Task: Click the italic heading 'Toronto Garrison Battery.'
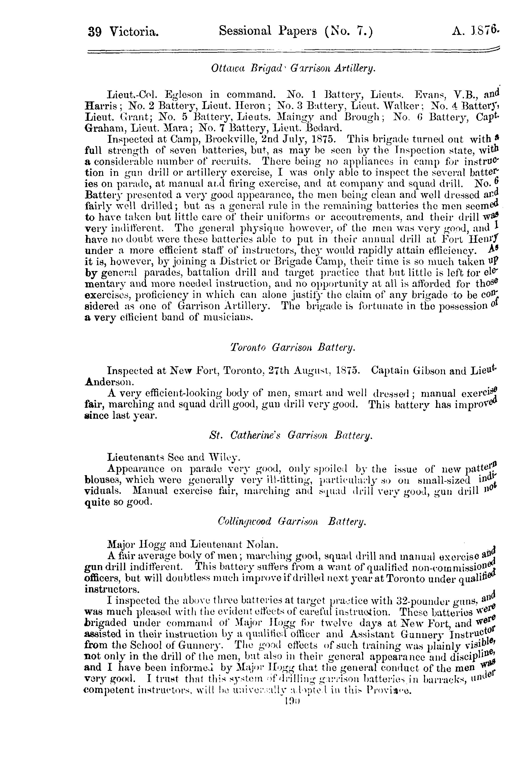point(293,348)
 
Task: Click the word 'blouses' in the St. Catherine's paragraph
point(103,480)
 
